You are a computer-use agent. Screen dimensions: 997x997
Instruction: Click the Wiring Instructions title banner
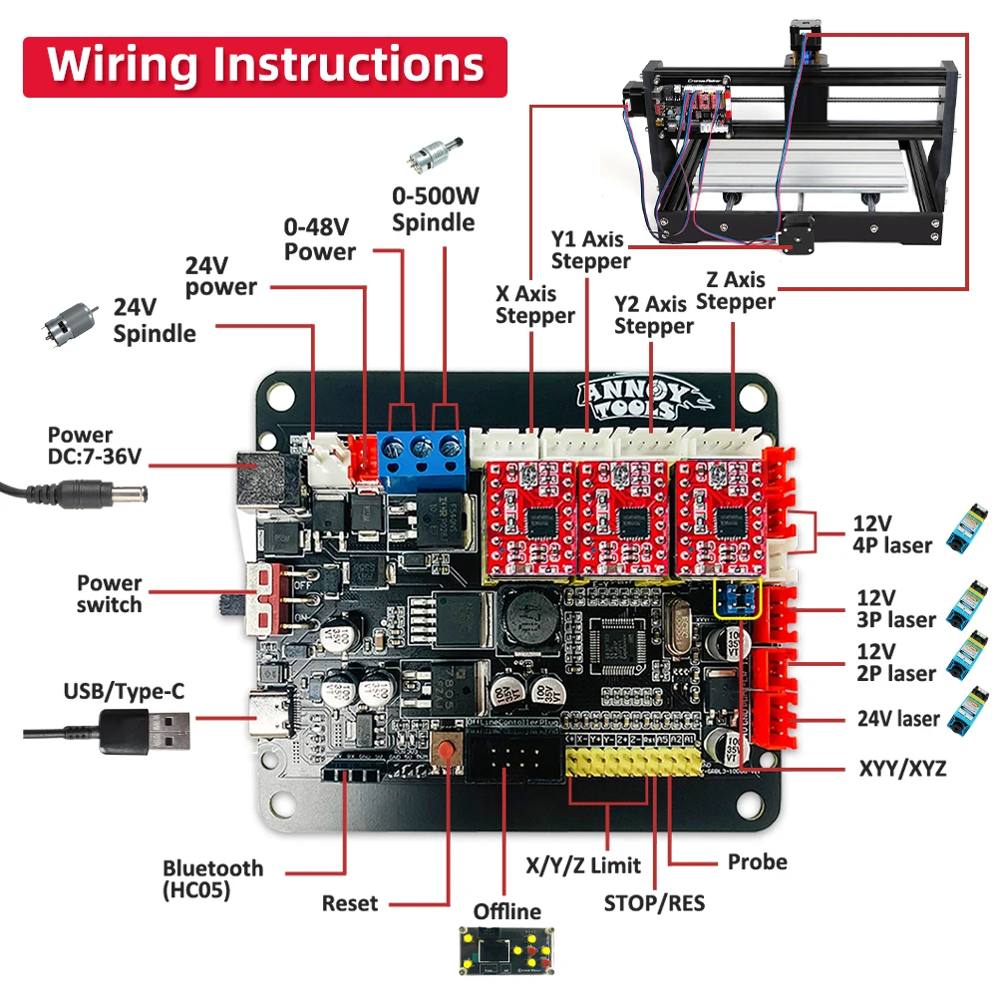(264, 66)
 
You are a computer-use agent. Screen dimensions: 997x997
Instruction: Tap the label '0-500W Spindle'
(433, 209)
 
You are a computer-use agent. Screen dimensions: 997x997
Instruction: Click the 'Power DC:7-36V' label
(95, 446)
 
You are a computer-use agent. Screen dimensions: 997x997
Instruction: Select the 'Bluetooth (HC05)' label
(212, 878)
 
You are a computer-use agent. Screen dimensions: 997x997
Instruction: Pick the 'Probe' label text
(757, 861)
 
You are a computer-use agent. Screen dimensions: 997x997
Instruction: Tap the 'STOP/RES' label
(654, 903)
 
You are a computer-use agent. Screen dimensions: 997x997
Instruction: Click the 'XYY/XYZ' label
(902, 769)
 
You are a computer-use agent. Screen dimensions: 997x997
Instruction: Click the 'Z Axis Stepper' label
(736, 291)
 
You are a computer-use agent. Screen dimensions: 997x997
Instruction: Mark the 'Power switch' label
(110, 593)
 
